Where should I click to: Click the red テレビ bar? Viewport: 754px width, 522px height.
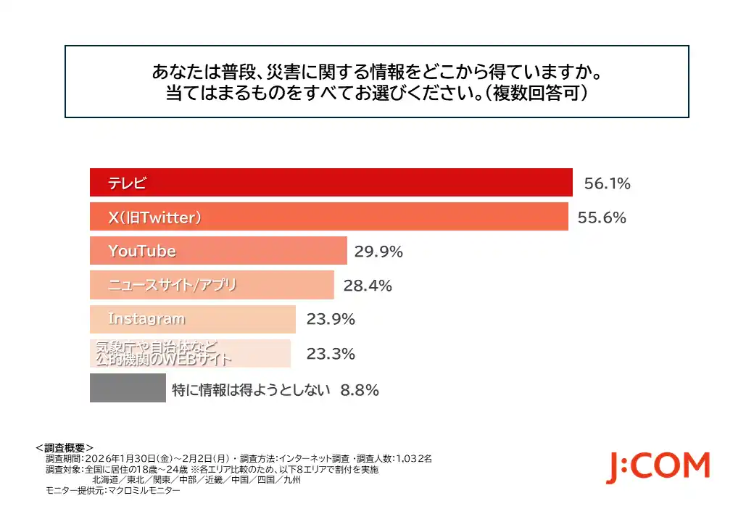331,183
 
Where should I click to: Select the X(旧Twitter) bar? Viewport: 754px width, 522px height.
328,217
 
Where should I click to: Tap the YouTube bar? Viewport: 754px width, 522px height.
218,251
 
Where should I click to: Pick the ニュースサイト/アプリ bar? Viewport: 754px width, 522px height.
212,285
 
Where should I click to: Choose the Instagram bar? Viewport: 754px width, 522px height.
192,319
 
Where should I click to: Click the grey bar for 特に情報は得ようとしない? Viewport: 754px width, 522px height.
128,388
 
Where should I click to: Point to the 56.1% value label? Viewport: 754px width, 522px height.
607,183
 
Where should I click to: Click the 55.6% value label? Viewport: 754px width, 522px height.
602,217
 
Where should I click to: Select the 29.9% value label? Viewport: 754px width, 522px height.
378,252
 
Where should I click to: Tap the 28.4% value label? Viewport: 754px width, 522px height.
368,286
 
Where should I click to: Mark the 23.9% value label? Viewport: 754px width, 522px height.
331,320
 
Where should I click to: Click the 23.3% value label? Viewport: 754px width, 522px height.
331,354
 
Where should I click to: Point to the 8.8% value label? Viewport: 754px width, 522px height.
360,390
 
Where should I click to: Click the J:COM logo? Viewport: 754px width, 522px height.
658,466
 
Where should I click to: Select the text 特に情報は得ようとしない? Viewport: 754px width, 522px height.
252,390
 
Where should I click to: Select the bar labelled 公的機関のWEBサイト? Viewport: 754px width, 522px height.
190,353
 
